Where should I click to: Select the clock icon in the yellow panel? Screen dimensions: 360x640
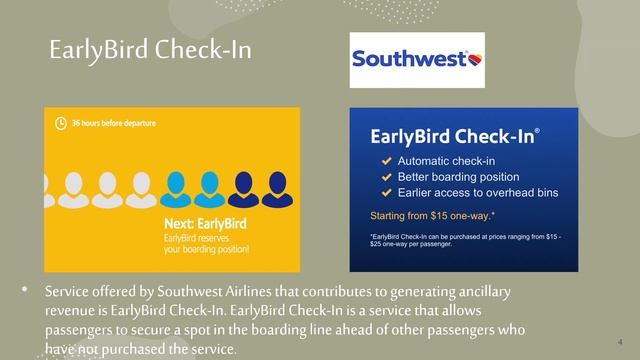point(61,123)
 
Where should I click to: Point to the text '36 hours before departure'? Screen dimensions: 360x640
point(114,123)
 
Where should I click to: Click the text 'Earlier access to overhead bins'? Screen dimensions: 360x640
point(478,192)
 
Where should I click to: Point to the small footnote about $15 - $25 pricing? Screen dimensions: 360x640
point(465,240)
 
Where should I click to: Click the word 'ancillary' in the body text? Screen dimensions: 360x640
point(480,291)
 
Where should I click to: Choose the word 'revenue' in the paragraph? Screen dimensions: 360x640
point(73,310)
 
